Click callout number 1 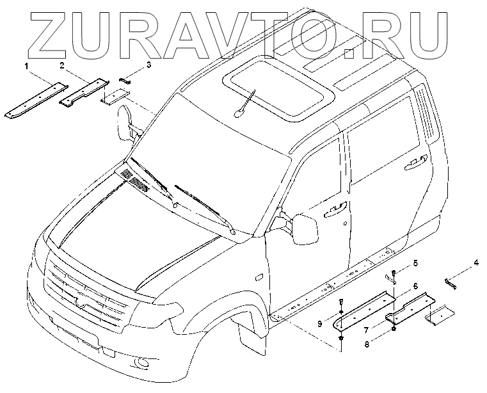pyautogui.click(x=27, y=66)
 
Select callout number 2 pyautogui.click(x=62, y=65)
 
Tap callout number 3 pyautogui.click(x=148, y=65)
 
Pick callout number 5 pyautogui.click(x=415, y=263)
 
